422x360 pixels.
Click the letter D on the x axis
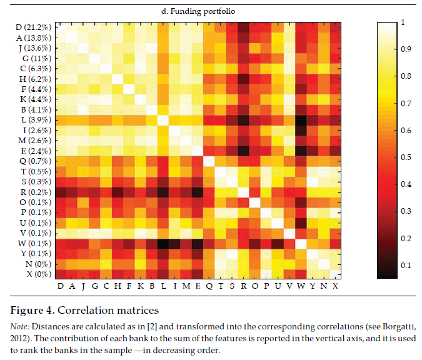point(61,286)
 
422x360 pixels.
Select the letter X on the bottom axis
point(336,286)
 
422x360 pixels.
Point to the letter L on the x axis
point(163,286)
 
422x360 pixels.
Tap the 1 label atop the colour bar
point(401,22)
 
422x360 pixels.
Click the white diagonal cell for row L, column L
point(163,119)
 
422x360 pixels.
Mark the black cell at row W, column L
point(163,243)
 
